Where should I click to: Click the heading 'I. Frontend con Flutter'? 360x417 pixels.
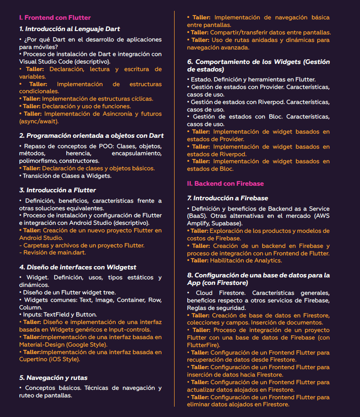[x=55, y=17]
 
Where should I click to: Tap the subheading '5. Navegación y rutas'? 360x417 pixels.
[x=53, y=378]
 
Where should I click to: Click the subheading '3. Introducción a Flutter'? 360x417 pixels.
[x=57, y=190]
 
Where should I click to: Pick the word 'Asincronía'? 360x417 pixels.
[x=116, y=114]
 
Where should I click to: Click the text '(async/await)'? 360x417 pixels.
[x=39, y=121]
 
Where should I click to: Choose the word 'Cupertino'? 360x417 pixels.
[x=34, y=360]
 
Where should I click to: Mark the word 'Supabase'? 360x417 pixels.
[x=227, y=223]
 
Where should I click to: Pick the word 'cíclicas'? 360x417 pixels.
[x=141, y=99]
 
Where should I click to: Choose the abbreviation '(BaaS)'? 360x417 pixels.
[x=199, y=216]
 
